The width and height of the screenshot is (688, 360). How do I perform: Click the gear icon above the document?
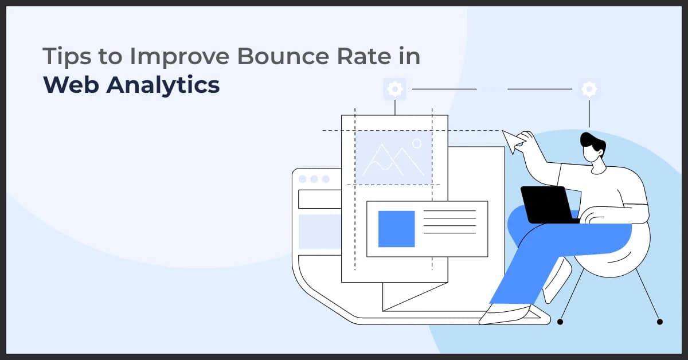click(x=394, y=89)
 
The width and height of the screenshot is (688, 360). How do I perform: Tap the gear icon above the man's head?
click(x=589, y=89)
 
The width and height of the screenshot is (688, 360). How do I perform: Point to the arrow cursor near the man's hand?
click(x=511, y=139)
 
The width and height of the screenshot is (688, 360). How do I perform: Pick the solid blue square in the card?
click(x=396, y=229)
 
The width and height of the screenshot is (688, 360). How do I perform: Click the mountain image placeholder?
click(x=393, y=157)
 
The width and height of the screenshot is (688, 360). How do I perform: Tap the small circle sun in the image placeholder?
click(x=417, y=143)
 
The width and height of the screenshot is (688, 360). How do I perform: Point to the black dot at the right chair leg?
click(x=659, y=322)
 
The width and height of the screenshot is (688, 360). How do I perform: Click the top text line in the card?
click(x=449, y=211)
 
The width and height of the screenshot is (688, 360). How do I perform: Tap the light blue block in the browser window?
click(x=319, y=232)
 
